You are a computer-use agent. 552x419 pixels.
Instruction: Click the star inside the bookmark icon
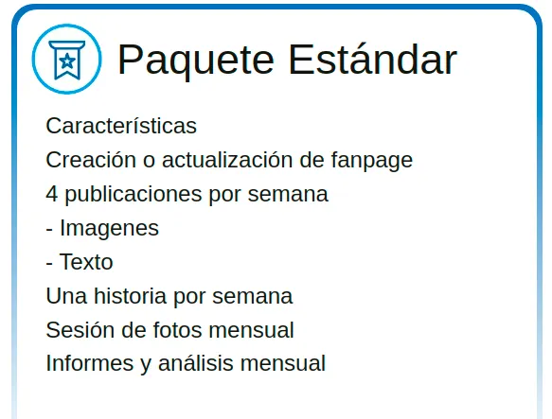click(67, 61)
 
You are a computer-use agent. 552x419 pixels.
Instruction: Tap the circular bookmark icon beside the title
click(67, 59)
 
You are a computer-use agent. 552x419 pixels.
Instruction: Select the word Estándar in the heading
click(372, 59)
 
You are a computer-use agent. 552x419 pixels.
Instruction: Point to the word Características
click(121, 126)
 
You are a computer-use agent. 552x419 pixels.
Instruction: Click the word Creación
click(91, 160)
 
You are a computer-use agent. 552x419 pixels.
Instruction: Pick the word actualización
click(227, 160)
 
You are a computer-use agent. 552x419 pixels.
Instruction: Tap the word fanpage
click(372, 161)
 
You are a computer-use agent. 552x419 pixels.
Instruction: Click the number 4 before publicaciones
click(52, 194)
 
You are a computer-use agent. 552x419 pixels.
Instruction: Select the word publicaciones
click(134, 195)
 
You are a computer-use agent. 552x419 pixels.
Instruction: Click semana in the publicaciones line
click(288, 195)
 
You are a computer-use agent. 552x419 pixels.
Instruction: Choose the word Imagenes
click(110, 229)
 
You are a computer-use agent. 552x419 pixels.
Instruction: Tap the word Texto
click(86, 262)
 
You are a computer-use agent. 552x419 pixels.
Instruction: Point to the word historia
click(130, 296)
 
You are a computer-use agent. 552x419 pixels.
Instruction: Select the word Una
click(66, 296)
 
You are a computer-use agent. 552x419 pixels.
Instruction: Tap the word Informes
click(90, 363)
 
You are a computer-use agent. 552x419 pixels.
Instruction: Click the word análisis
click(196, 363)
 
